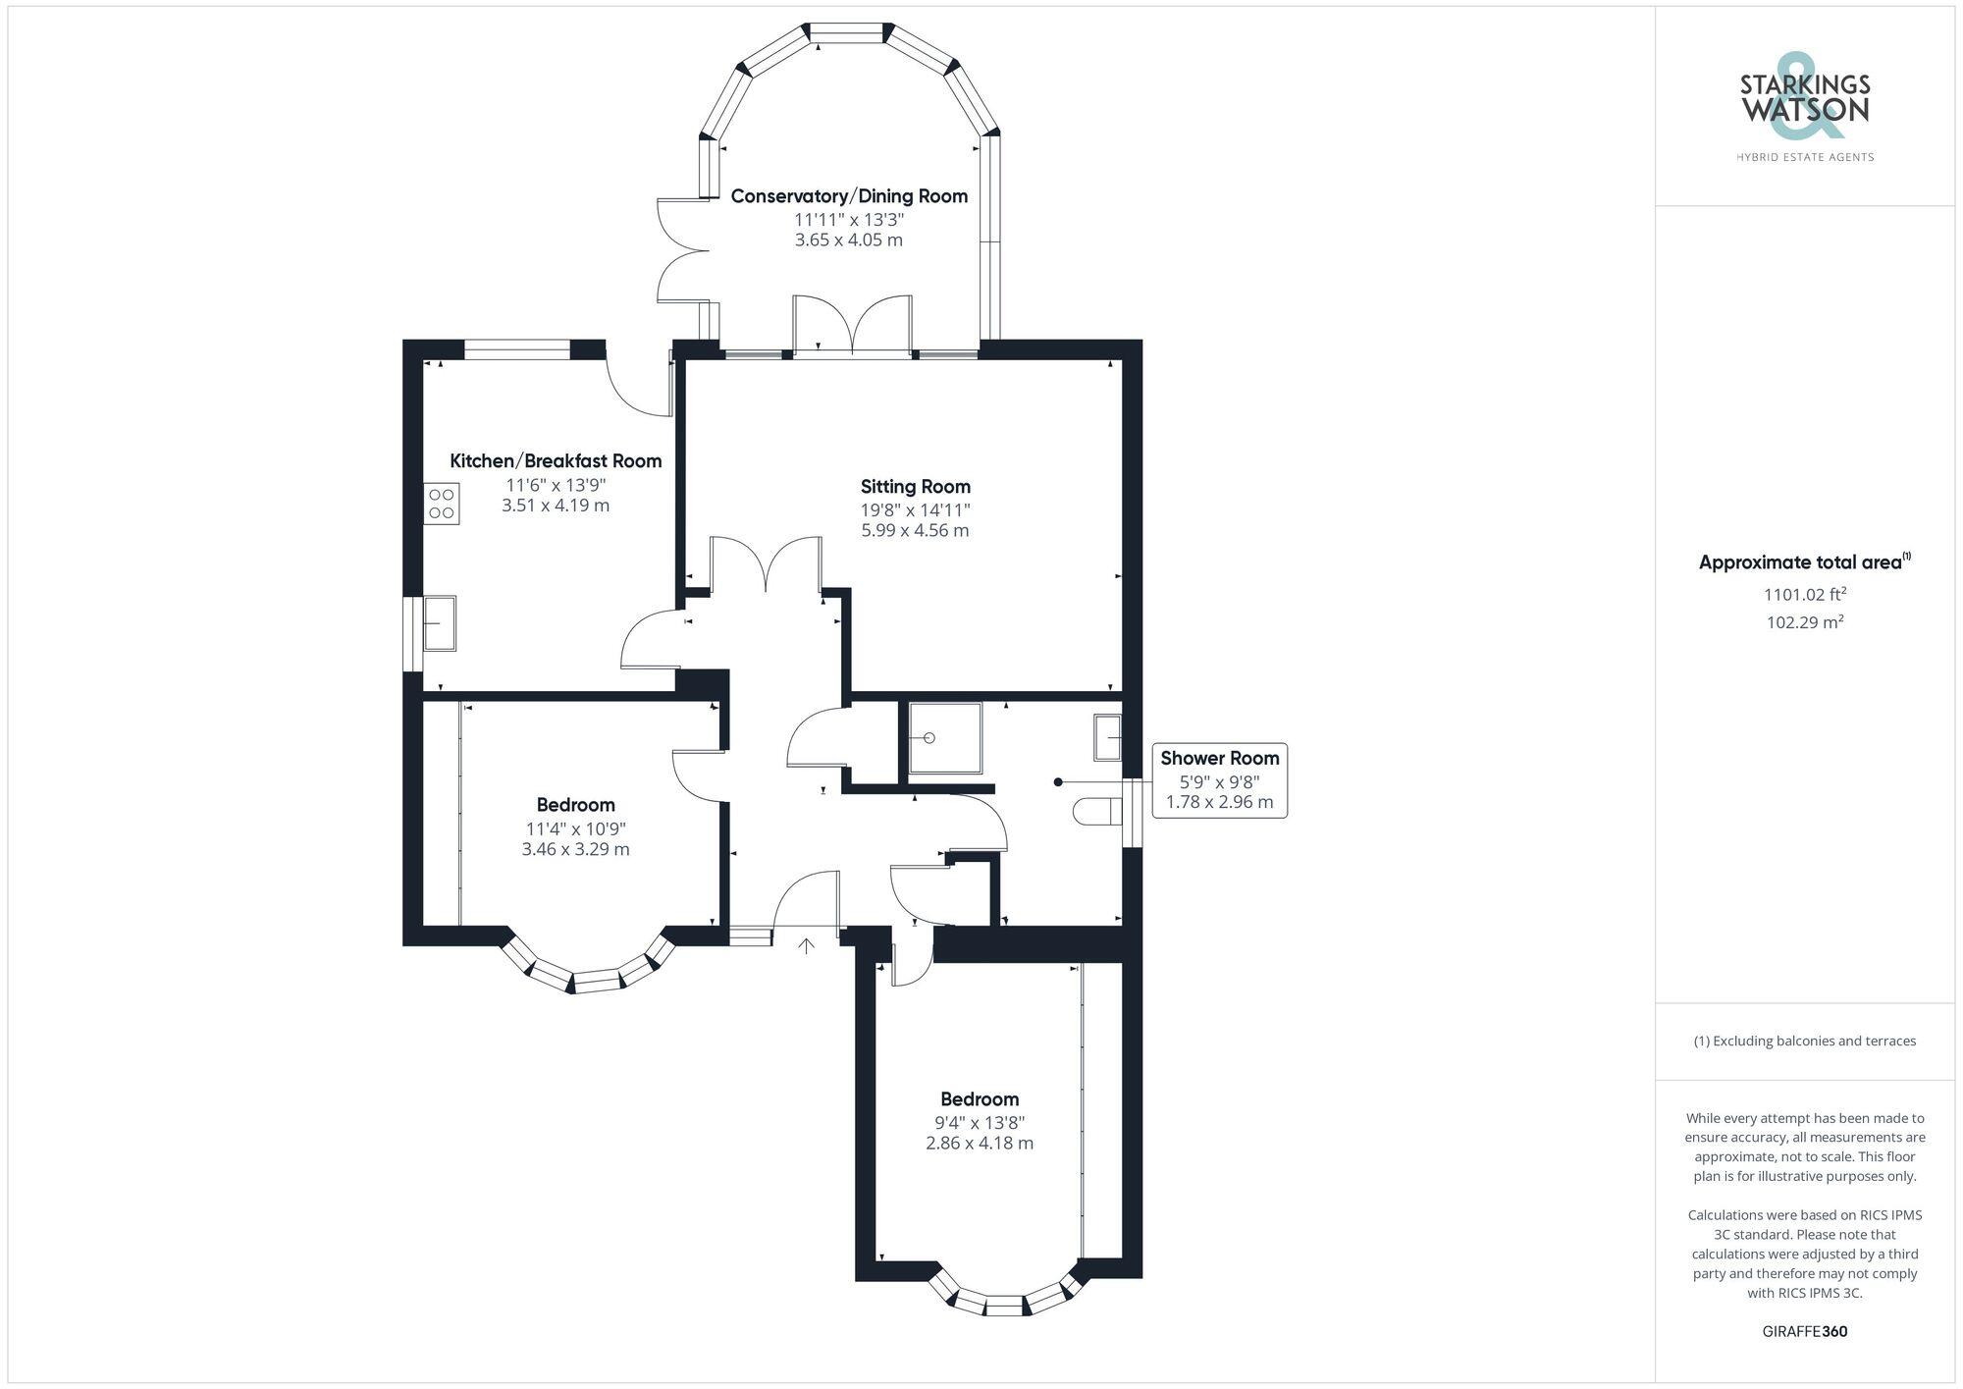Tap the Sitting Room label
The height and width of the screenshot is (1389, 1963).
coord(915,486)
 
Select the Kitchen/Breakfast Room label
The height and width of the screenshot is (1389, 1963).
coord(556,460)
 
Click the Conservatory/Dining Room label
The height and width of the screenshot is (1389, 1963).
coord(849,195)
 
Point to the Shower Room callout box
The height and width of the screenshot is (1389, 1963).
coord(1219,780)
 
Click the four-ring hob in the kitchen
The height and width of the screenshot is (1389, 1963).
coord(442,504)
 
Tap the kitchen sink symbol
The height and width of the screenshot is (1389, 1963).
coord(440,622)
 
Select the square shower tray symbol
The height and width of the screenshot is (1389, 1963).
coord(944,737)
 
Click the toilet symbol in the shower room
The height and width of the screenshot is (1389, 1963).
coord(1098,812)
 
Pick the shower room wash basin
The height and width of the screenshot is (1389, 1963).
coord(1108,737)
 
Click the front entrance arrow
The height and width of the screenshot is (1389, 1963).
coord(806,946)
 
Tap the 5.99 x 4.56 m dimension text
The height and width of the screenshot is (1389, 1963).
coord(915,530)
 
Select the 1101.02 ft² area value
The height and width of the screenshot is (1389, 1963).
coord(1804,594)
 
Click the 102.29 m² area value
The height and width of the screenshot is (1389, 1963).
coord(1804,621)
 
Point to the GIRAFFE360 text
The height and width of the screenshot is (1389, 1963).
coord(1804,1331)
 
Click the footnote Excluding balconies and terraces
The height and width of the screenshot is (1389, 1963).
coord(1804,1041)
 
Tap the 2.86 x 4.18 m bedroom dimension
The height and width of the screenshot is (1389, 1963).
coord(979,1143)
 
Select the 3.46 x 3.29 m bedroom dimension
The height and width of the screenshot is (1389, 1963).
coord(575,849)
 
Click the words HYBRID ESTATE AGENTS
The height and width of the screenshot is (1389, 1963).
coord(1804,157)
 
